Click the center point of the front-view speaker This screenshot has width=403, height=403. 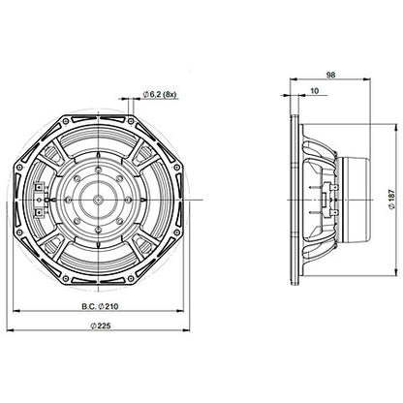(x=101, y=201)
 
